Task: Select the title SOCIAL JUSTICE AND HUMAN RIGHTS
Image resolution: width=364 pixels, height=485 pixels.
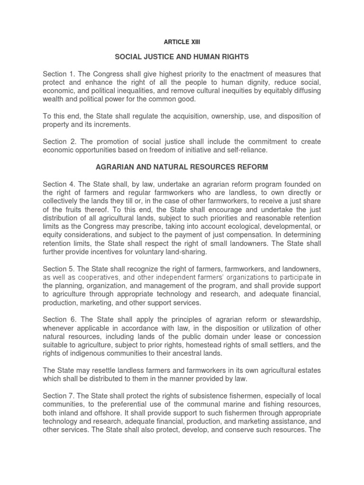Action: pos(182,57)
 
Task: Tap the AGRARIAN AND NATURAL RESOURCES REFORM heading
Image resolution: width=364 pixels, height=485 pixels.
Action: pos(182,167)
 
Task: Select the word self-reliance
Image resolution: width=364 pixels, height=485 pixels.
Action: pos(246,150)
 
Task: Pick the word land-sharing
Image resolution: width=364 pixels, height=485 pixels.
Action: pos(172,252)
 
